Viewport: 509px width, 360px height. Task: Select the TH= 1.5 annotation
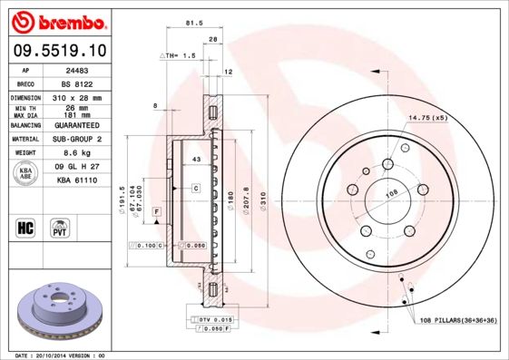pyautogui.click(x=178, y=56)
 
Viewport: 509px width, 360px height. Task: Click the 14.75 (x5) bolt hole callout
pyautogui.click(x=427, y=118)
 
